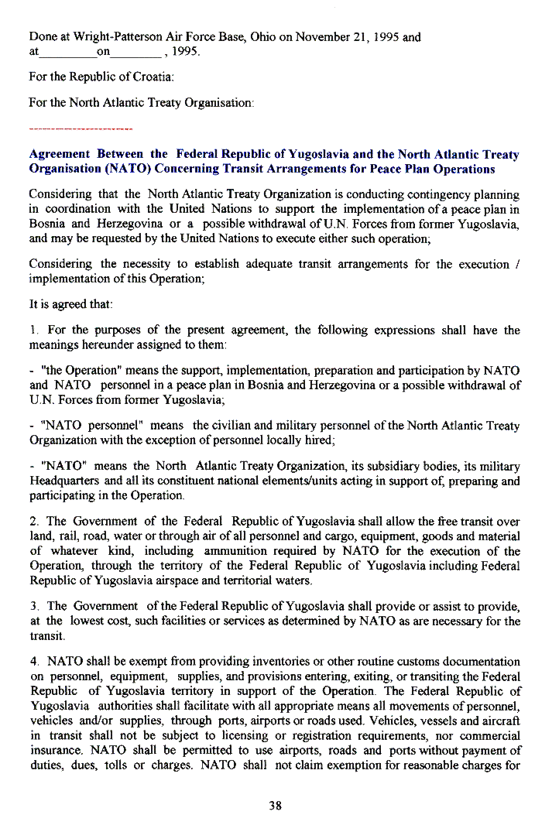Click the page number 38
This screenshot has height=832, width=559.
pyautogui.click(x=275, y=806)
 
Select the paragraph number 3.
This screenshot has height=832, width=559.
pyautogui.click(x=33, y=607)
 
